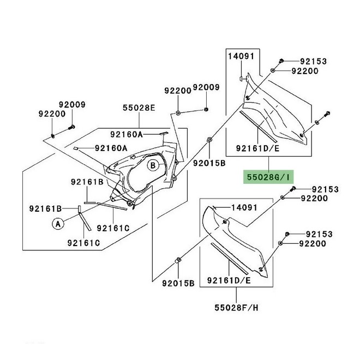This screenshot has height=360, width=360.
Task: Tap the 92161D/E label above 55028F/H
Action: click(x=229, y=281)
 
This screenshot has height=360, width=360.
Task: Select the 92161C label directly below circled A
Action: click(x=83, y=243)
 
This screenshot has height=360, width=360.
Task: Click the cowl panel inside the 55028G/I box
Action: click(x=278, y=112)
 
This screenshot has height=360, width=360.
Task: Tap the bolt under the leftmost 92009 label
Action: click(x=71, y=128)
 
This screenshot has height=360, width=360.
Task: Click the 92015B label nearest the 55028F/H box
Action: click(x=178, y=283)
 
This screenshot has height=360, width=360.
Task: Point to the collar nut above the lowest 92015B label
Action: click(x=178, y=259)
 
